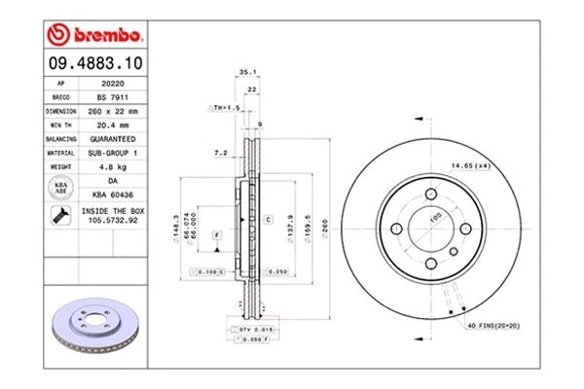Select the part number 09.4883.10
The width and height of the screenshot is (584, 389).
(x=93, y=64)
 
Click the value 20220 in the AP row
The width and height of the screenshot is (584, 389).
(x=111, y=85)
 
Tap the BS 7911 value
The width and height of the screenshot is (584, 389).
(x=111, y=98)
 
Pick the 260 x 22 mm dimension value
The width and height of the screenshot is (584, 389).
(x=111, y=112)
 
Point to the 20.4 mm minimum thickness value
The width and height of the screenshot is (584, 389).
(x=111, y=125)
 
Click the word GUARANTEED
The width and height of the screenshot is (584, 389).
(x=111, y=139)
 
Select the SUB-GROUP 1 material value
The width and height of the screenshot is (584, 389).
(x=111, y=153)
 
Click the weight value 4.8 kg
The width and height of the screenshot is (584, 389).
(x=111, y=166)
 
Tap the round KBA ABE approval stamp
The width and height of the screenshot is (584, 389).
(x=59, y=187)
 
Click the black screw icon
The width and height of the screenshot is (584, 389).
(x=59, y=215)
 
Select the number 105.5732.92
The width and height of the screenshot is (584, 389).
(x=111, y=221)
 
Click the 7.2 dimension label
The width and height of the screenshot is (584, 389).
(x=220, y=153)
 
